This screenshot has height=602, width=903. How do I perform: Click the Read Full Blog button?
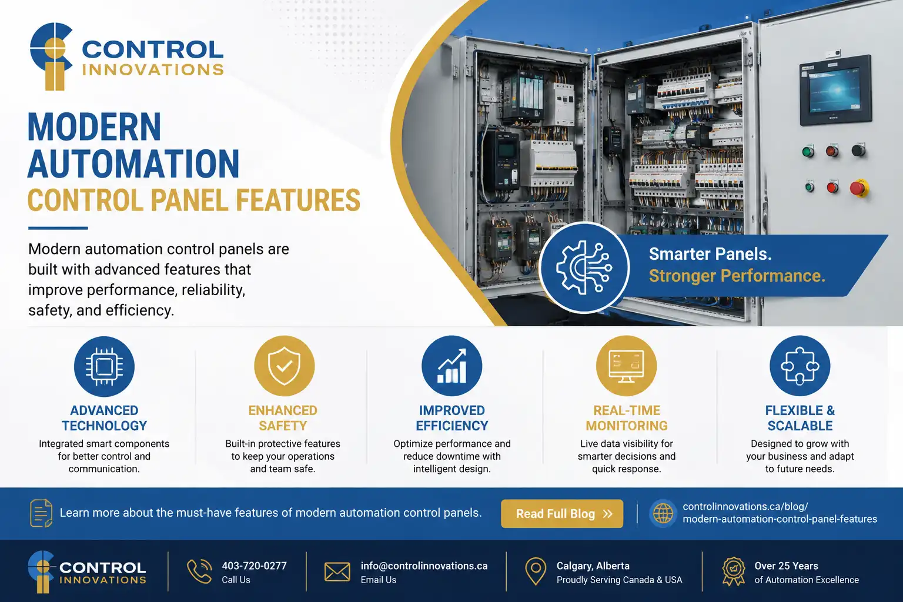561,514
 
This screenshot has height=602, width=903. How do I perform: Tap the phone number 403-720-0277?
254,566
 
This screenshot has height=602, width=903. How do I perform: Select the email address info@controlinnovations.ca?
424,566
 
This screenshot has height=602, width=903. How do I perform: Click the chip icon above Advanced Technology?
104,366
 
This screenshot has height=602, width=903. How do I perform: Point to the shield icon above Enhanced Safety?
284,366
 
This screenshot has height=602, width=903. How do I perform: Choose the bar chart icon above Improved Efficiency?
452,366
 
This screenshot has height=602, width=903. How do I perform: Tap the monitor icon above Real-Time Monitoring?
627,366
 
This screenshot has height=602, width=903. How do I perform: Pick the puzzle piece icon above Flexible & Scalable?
800,366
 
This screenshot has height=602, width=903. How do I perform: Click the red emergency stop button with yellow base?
859,188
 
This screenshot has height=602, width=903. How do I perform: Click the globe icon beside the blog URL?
663,513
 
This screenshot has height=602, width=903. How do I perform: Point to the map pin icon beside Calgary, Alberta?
536,571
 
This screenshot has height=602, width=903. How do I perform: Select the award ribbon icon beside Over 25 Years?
734,571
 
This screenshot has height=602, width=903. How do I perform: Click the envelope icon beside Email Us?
337,572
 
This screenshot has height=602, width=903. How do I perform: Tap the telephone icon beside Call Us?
199,571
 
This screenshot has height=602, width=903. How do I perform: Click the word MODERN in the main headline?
94,126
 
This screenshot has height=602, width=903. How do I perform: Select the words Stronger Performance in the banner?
737,276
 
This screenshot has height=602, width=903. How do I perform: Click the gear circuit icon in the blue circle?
584,267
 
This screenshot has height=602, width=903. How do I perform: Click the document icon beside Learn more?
41,513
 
